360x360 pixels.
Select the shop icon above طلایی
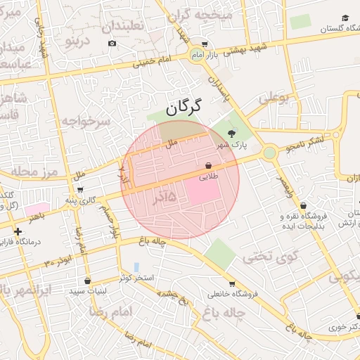coord(209,166)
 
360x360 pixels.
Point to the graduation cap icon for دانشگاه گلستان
coord(345,18)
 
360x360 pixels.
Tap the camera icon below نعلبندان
coord(112,44)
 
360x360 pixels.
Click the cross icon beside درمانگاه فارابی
coord(18,231)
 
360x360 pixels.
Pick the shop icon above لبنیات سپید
coord(86,280)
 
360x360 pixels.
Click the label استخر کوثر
coord(136,278)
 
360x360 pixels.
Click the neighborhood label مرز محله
coord(28,172)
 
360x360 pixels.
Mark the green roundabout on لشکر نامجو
coord(269,153)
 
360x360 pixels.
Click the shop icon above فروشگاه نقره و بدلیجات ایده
coord(303,205)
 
